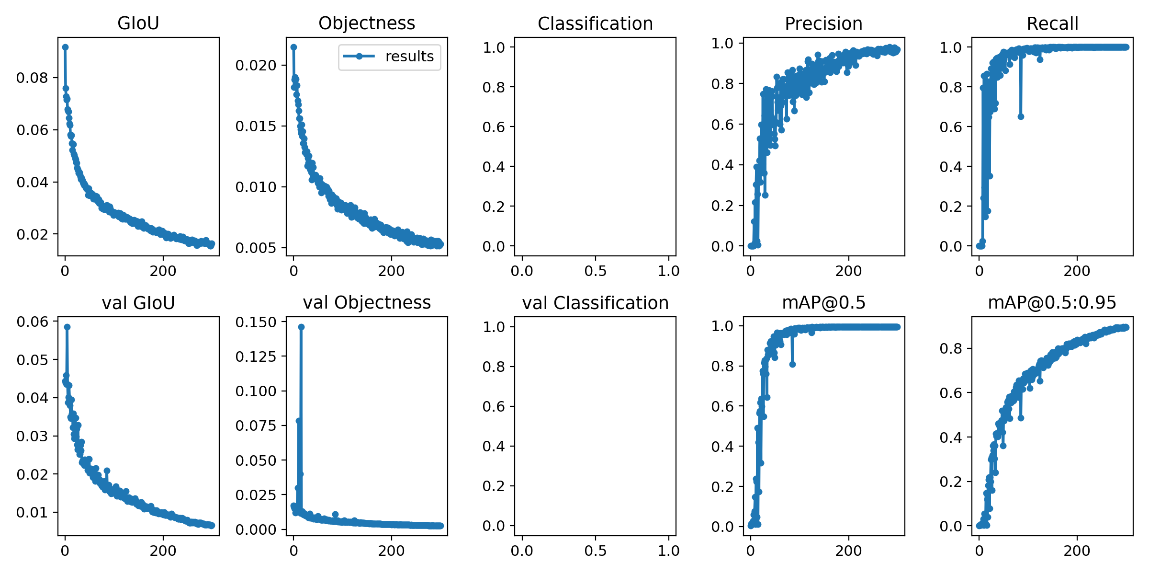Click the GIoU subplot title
[x=138, y=23]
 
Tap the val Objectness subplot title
[x=367, y=302]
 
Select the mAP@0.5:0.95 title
[x=1052, y=302]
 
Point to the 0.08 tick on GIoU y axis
[x=32, y=78]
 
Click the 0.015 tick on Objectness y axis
[x=256, y=126]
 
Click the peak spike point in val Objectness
[x=301, y=327]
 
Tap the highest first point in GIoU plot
[x=66, y=47]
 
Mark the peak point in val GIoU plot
[x=68, y=327]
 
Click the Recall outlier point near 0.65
[x=1021, y=116]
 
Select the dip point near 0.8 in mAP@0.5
[x=792, y=364]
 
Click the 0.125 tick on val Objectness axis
[x=256, y=356]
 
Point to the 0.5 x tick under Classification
[x=595, y=271]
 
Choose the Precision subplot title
[x=823, y=23]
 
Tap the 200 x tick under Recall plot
[x=1077, y=271]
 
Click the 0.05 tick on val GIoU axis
[x=32, y=360]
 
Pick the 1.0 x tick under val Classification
[x=668, y=551]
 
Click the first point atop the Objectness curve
[x=294, y=47]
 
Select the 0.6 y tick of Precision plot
[x=722, y=125]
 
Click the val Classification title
[x=595, y=303]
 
